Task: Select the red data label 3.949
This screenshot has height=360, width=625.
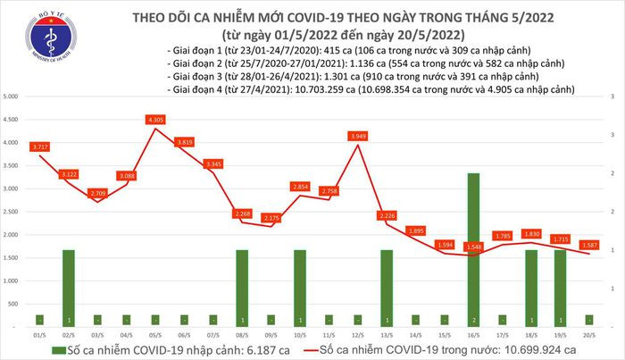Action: [x=359, y=136]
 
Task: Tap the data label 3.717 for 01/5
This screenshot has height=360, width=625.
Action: [x=40, y=146]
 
